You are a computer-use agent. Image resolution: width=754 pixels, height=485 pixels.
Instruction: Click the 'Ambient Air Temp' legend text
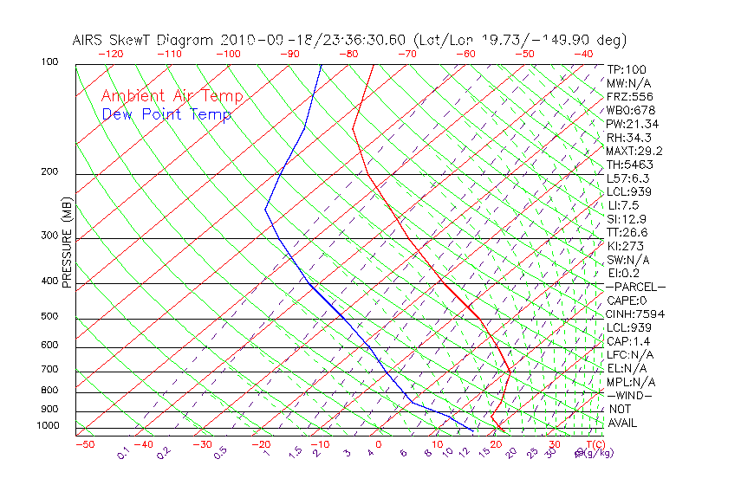172,96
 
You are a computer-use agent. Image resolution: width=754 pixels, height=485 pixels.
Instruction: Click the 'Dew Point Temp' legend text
166,114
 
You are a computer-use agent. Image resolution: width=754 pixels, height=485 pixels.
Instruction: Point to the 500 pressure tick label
51,316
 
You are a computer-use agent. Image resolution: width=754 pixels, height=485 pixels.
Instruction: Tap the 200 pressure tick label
51,171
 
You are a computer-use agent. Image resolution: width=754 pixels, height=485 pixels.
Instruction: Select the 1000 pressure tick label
49,426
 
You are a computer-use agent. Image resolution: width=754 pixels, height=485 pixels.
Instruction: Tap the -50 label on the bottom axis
84,444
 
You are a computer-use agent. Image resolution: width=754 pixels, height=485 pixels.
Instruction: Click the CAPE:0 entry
627,301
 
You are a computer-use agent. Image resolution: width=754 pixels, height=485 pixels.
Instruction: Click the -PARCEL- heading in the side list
635,287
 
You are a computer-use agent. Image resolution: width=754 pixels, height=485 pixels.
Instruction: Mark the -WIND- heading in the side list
630,395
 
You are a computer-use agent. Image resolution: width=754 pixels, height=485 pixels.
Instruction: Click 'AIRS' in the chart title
89,40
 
